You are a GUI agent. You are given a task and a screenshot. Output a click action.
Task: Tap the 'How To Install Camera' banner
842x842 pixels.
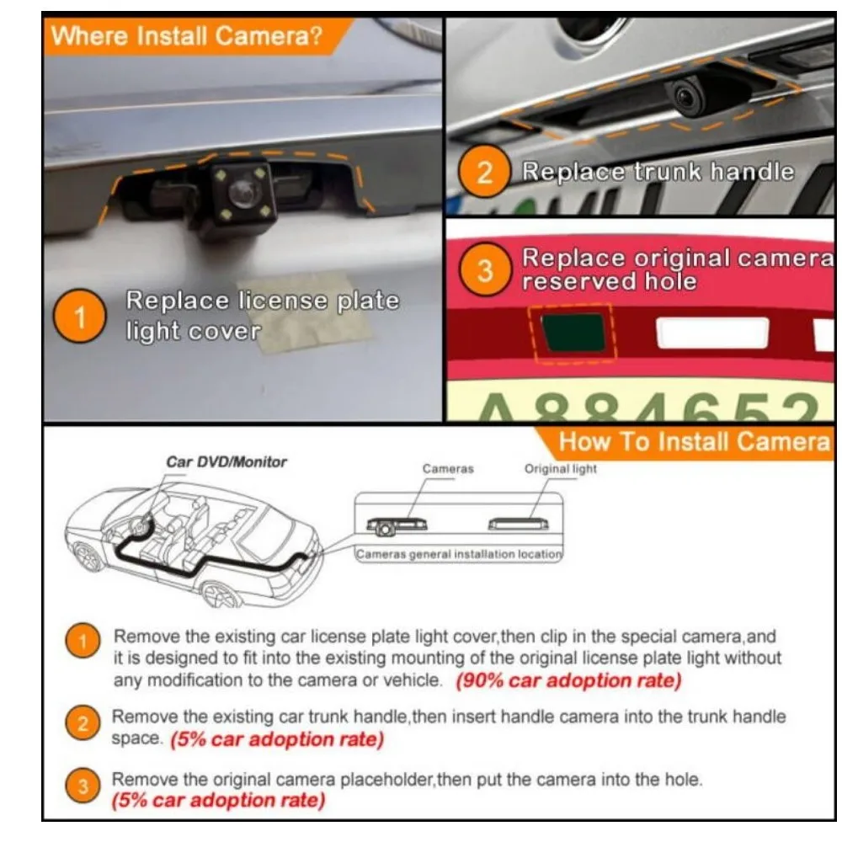(694, 441)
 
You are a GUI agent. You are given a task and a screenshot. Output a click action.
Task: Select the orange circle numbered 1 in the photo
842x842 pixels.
(81, 317)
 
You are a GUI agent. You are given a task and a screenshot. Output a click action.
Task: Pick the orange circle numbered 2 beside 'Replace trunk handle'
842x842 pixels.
(484, 173)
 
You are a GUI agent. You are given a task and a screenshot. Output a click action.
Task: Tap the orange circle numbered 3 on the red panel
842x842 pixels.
(484, 271)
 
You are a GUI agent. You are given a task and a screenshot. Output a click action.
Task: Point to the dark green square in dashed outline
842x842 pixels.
(572, 333)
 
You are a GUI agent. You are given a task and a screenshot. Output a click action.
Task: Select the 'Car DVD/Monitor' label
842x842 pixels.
(226, 462)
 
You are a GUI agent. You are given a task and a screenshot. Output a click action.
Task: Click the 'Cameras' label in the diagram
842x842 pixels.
(447, 468)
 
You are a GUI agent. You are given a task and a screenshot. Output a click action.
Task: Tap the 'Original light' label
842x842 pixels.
(560, 468)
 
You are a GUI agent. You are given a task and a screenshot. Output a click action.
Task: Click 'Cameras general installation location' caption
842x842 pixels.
(458, 554)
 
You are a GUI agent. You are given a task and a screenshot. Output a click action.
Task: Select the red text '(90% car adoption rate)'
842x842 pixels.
(568, 680)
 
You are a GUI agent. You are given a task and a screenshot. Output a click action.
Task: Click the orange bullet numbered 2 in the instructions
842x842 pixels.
(83, 724)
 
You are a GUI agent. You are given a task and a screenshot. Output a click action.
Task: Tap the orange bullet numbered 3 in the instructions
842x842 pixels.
(83, 788)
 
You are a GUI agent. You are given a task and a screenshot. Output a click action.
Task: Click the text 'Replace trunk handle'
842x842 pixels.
(657, 172)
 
